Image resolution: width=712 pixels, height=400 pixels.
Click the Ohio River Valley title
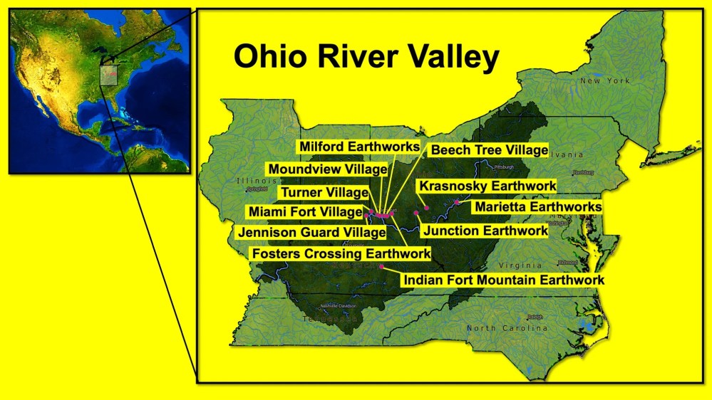(x=366, y=58)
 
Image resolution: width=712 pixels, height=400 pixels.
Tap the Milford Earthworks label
(x=358, y=146)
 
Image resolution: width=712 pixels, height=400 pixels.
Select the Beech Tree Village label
(x=490, y=150)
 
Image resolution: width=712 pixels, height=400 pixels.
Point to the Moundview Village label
(x=327, y=169)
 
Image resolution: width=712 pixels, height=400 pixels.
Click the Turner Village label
(x=324, y=192)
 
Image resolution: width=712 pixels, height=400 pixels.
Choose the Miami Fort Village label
(x=304, y=211)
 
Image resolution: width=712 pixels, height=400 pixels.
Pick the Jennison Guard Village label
(x=306, y=232)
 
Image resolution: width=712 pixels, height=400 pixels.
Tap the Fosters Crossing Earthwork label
(x=341, y=253)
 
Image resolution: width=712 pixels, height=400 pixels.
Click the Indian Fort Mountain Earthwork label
(x=503, y=280)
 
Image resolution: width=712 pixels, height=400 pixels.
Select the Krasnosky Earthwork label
(x=487, y=186)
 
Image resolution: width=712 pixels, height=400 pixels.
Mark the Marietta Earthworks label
(x=538, y=206)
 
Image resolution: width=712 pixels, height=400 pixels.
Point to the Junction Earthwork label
(x=485, y=230)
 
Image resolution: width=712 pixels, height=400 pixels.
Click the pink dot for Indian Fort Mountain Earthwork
(x=382, y=266)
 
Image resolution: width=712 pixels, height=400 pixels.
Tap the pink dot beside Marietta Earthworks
(x=457, y=203)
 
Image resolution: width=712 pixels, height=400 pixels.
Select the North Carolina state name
(x=507, y=328)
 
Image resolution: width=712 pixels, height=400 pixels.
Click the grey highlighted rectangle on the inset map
(x=108, y=74)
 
